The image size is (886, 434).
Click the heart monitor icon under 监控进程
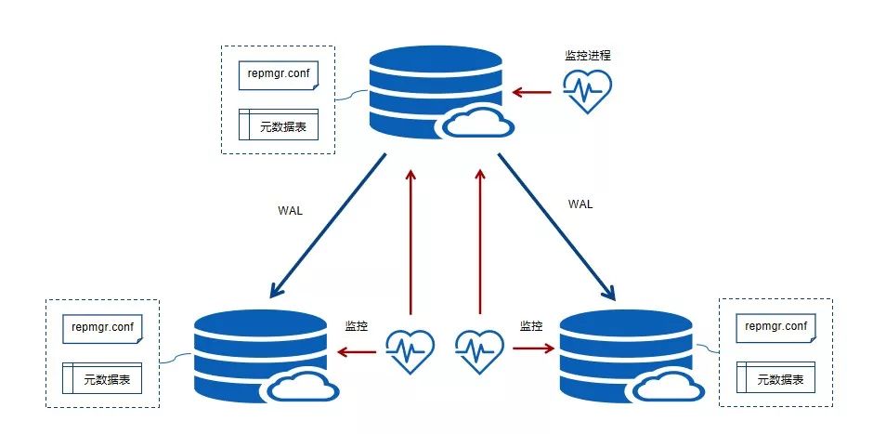point(588,92)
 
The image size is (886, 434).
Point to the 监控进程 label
point(588,56)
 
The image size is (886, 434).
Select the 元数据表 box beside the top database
point(279,125)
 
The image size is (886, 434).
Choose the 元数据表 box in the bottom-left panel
point(103,378)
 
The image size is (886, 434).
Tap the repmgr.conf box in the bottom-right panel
point(776,327)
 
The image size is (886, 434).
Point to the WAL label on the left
point(291,210)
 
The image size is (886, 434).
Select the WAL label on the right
point(580,204)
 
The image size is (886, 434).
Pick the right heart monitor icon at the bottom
point(479,351)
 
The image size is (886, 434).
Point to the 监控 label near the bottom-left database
point(357,326)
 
